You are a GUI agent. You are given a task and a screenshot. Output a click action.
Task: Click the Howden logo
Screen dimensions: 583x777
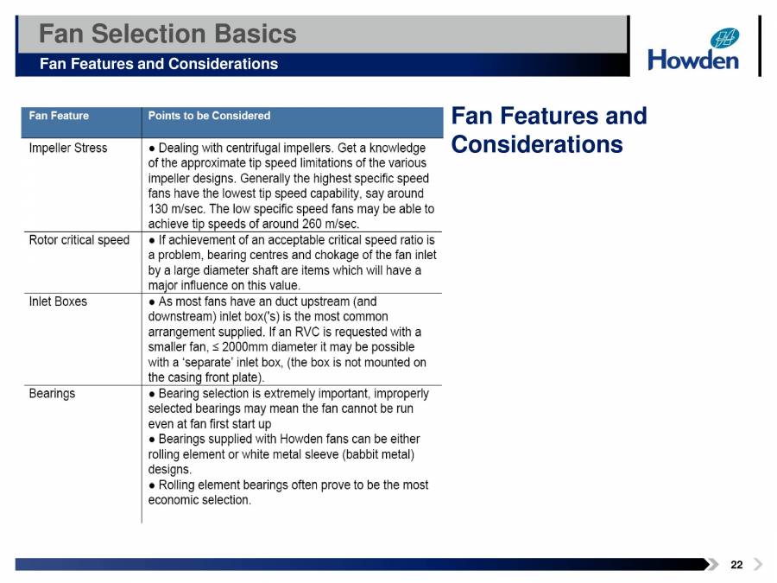tap(693, 49)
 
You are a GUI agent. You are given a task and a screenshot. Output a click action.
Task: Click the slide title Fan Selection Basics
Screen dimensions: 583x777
tap(167, 34)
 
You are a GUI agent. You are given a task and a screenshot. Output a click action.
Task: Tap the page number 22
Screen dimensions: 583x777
tap(736, 565)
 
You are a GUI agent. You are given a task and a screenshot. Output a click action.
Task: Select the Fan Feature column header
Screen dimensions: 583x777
tap(59, 116)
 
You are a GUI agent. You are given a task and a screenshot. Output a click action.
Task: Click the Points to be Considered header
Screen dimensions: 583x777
tap(209, 116)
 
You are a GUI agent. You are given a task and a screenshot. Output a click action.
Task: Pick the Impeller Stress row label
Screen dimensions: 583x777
tap(68, 148)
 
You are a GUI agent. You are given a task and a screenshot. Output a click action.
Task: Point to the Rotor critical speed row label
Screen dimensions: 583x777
tap(79, 240)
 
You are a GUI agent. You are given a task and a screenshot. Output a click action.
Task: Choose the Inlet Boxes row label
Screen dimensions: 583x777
tap(58, 301)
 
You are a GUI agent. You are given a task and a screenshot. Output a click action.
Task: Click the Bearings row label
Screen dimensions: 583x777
tap(52, 393)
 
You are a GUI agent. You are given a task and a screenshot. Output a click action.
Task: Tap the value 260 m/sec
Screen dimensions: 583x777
tap(312, 225)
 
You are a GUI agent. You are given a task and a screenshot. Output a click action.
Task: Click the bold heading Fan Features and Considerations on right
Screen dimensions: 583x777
tap(548, 130)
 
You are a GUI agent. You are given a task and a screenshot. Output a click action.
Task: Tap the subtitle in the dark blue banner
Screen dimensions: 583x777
tap(159, 64)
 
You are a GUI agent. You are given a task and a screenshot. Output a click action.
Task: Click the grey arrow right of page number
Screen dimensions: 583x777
tap(758, 565)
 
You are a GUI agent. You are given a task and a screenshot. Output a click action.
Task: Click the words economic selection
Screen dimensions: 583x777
tap(199, 500)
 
